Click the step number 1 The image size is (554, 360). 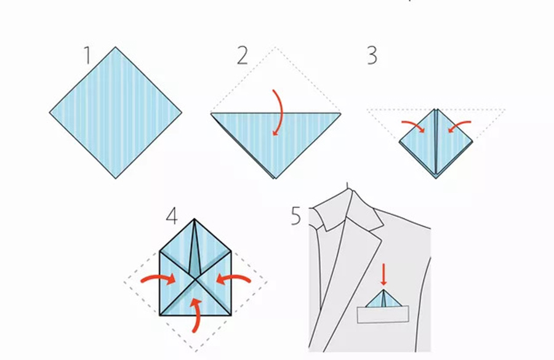[87, 55]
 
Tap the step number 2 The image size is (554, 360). [243, 55]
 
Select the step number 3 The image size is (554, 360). [372, 55]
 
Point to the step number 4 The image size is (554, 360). [172, 216]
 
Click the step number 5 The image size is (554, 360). [295, 215]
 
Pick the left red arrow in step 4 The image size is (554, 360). [159, 278]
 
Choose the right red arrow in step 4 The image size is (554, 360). [233, 278]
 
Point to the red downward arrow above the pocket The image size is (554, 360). [383, 274]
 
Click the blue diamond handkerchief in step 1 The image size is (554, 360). [116, 113]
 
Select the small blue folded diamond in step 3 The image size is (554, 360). [436, 143]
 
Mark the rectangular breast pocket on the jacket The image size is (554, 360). [383, 314]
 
